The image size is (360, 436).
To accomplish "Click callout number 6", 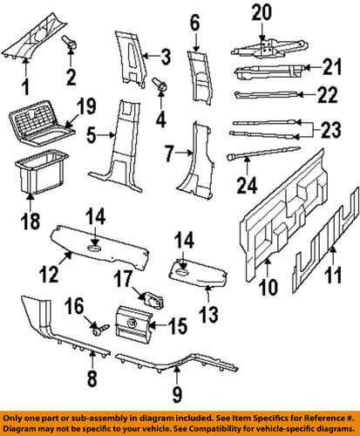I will [194, 19].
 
